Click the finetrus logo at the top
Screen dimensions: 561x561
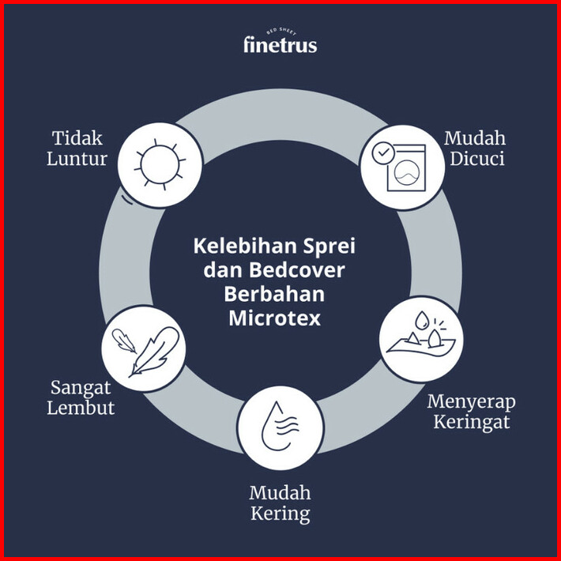[280, 43]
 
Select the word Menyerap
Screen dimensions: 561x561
[471, 401]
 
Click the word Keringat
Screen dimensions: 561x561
[471, 422]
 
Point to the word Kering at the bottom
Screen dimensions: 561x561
[280, 514]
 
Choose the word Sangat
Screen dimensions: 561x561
[83, 388]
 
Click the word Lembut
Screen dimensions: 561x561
[81, 409]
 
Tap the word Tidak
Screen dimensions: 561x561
[78, 137]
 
